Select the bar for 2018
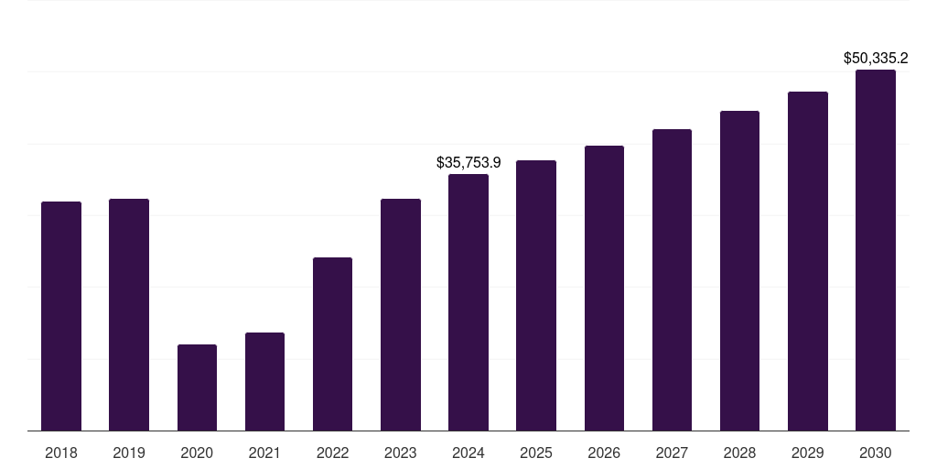click(61, 316)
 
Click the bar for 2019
click(129, 314)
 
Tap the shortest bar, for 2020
click(197, 387)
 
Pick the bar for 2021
click(264, 381)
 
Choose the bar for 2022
click(332, 344)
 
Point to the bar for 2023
click(401, 314)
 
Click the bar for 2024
click(468, 302)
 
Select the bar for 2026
click(604, 288)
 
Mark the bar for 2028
click(739, 270)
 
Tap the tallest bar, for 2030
click(876, 250)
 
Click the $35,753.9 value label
click(468, 163)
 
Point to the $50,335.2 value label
click(876, 59)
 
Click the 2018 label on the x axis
click(61, 453)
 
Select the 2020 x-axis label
click(197, 453)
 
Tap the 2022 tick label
click(332, 453)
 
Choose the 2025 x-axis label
click(536, 453)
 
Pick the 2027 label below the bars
click(672, 453)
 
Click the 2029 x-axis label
click(808, 453)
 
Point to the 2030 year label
click(876, 453)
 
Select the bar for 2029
click(808, 261)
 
